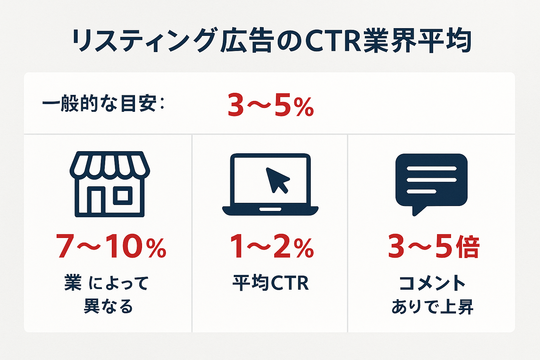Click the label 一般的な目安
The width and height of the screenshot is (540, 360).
point(99,104)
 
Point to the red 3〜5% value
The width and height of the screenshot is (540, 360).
point(270,105)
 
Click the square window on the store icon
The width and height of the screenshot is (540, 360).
point(123,195)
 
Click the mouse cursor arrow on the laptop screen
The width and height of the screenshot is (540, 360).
point(277,180)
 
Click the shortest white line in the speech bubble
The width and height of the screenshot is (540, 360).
point(422,192)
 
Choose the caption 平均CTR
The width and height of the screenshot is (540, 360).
point(271,283)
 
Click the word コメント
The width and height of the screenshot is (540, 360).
point(432,283)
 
